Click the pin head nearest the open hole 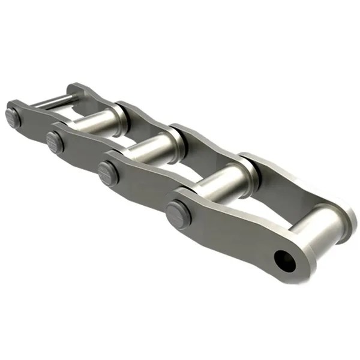pyautogui.click(x=178, y=211)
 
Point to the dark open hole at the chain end pyautogui.click(x=282, y=259)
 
